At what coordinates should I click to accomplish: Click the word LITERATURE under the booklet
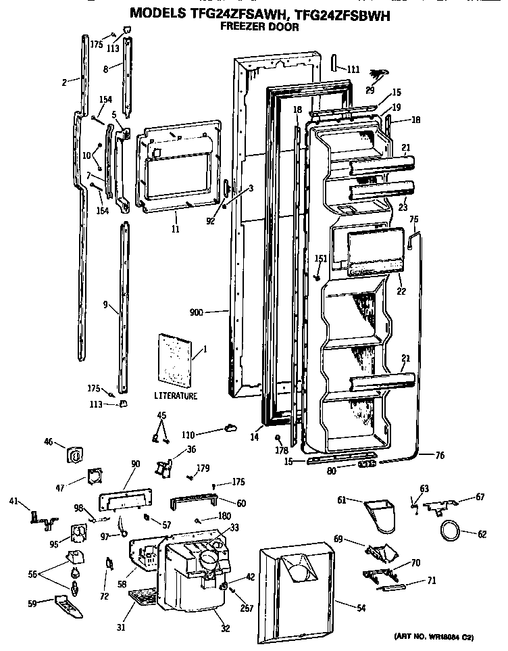click(x=175, y=395)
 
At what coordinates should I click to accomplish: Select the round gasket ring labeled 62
click(x=451, y=531)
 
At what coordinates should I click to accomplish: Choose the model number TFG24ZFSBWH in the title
click(x=335, y=13)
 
